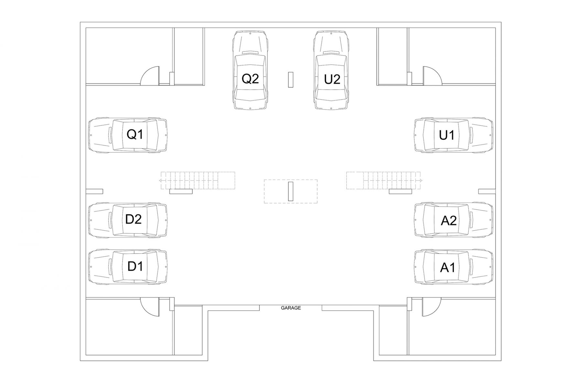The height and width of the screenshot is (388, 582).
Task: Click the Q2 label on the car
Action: point(250,79)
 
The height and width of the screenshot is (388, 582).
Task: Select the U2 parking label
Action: point(332,79)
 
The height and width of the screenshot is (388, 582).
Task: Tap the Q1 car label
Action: point(135,134)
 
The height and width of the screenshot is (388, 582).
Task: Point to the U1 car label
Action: point(447,135)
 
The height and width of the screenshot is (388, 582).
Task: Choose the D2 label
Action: point(133,219)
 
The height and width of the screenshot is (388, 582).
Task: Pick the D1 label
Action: point(135,266)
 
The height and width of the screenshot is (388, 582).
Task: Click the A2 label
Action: point(448,221)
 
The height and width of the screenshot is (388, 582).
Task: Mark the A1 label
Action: point(448,268)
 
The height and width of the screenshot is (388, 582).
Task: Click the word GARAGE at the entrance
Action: point(291,308)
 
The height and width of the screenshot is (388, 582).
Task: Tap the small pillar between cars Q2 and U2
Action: point(291,80)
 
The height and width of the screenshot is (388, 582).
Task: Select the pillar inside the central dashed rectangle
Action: point(291,191)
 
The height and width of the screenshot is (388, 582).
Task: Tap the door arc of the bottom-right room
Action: point(431,307)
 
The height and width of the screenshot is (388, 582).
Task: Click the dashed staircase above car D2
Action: point(197,180)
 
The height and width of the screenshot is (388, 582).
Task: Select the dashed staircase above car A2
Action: point(384,180)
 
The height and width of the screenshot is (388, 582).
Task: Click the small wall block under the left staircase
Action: point(181,192)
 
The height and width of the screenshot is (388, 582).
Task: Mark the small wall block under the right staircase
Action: point(400,192)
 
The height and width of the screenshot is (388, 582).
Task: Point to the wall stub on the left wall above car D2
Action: point(94,191)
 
